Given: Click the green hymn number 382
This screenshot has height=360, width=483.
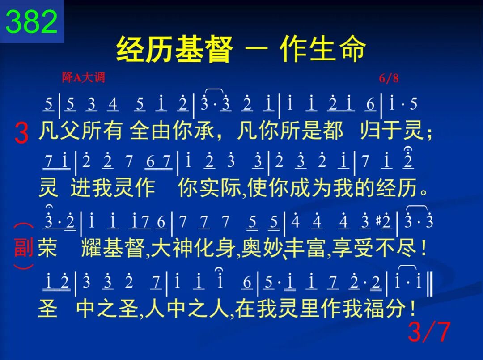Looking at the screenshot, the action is (32, 21).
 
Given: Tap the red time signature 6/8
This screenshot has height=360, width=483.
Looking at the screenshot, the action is (389, 78).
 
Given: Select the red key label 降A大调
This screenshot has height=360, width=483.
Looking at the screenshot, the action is (83, 77).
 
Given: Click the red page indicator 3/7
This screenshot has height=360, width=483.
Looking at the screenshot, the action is (429, 331).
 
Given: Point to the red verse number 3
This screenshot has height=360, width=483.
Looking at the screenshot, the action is (21, 133).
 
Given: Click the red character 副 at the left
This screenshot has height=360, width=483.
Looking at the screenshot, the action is (24, 247).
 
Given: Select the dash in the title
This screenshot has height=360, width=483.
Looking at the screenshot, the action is (257, 49).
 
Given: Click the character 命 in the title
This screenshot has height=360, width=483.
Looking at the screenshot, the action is (352, 49).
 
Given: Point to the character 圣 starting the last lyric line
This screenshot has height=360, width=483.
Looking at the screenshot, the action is (47, 308).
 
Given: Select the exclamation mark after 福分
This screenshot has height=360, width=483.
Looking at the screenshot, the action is (413, 308).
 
